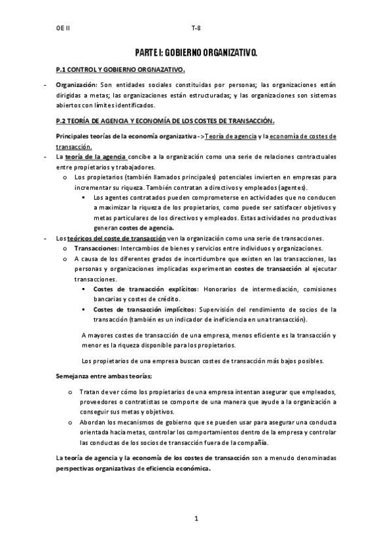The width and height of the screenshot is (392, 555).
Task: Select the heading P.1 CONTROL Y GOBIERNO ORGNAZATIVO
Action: click(121, 69)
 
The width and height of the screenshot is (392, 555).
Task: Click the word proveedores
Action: click(96, 402)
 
